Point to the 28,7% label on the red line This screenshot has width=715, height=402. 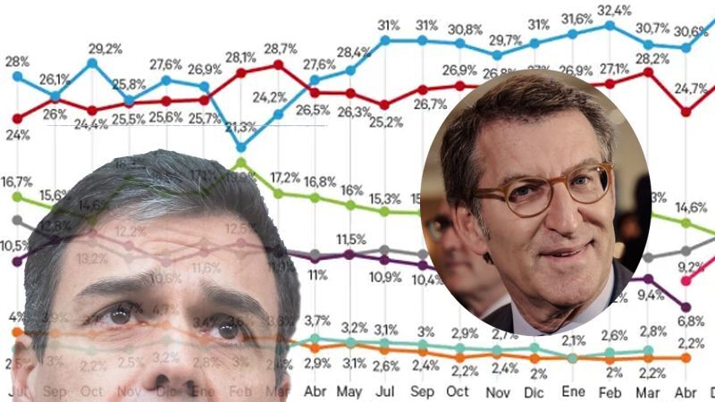point(280,46)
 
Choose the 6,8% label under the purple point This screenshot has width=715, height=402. point(691,320)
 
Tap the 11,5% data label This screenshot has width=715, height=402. point(350,239)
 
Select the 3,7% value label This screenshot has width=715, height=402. point(317,321)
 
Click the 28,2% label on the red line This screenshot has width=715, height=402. point(645,58)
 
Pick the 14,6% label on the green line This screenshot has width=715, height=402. point(691,207)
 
